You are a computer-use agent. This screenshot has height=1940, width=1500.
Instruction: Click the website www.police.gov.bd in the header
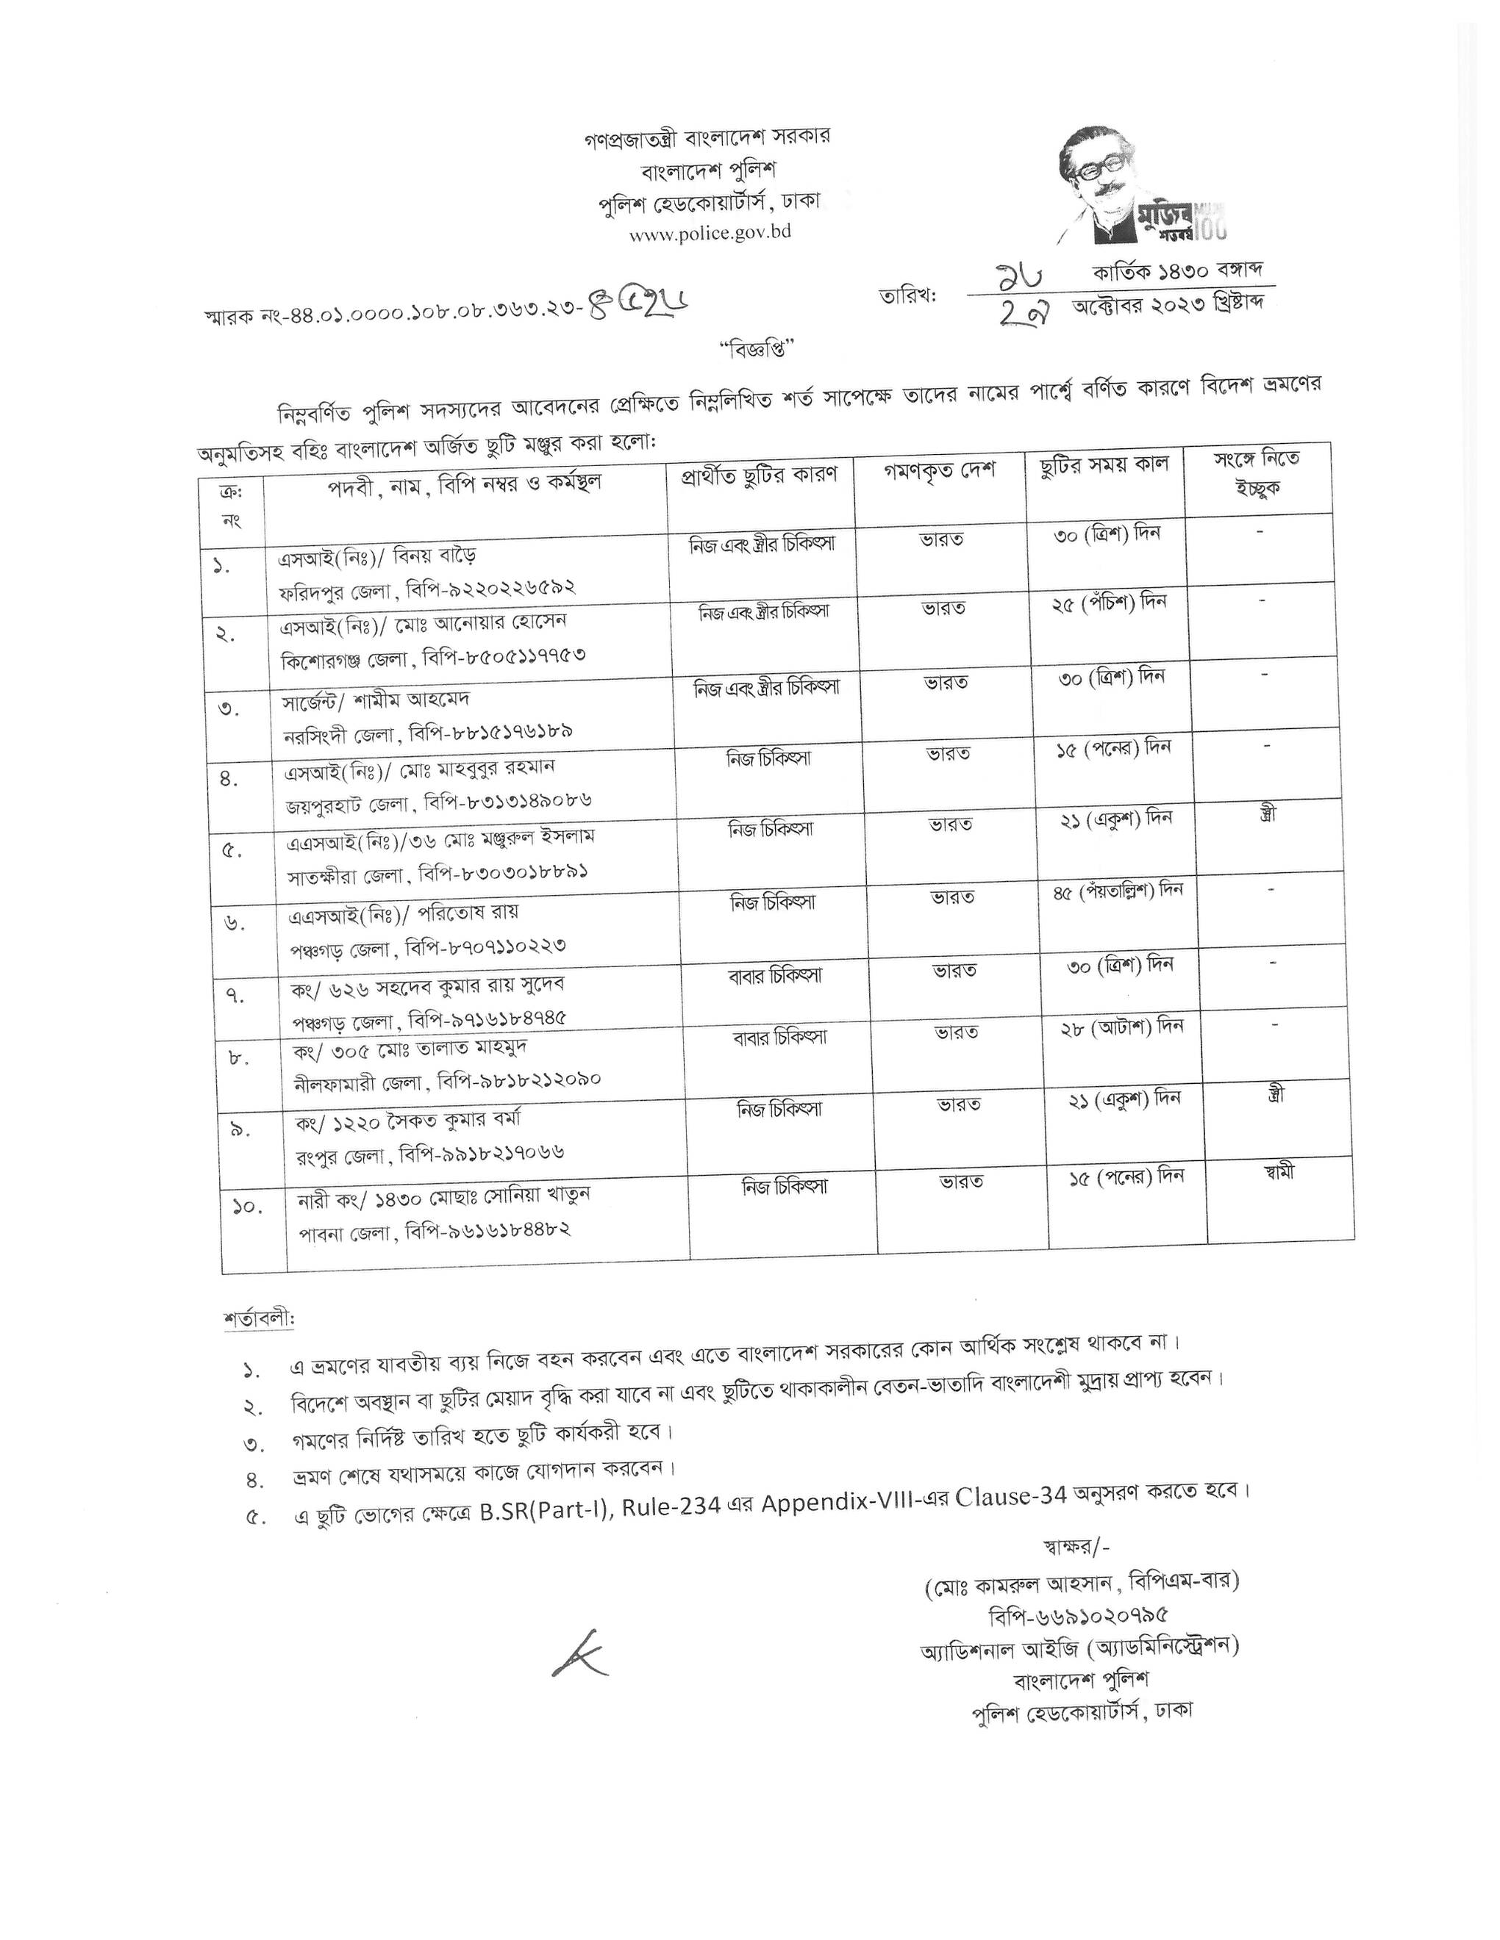click(x=710, y=234)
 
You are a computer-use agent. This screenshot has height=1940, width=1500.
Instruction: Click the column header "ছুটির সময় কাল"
click(x=1104, y=464)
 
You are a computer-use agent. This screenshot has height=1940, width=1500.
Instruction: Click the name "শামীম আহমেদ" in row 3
click(x=417, y=699)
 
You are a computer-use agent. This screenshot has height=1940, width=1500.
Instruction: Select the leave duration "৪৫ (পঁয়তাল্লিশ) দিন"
click(x=1118, y=890)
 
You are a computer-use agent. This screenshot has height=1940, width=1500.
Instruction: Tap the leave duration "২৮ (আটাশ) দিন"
click(x=1122, y=1028)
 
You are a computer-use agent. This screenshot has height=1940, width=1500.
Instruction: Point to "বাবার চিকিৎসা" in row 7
click(x=775, y=975)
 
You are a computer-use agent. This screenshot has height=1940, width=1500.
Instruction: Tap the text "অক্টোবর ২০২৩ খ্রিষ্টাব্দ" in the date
click(x=1168, y=306)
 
